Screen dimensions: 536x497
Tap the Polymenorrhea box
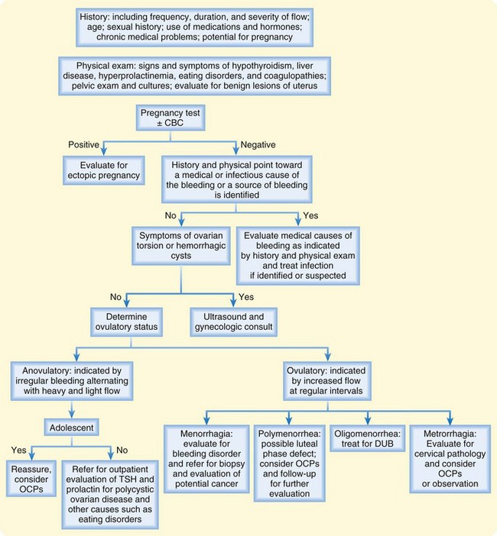290,458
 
